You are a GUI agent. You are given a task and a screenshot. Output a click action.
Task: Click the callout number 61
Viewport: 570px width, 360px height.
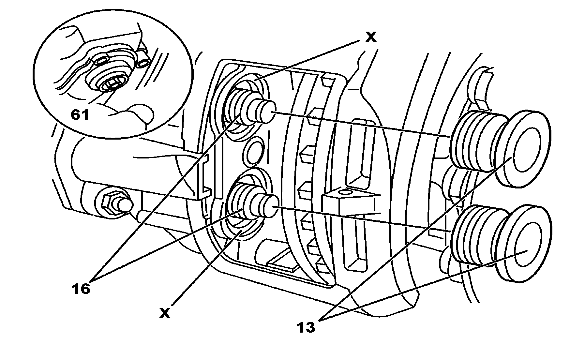[80, 115]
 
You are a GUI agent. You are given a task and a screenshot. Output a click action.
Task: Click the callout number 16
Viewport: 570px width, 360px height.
[81, 289]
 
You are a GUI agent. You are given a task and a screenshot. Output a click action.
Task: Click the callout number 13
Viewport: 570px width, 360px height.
[306, 327]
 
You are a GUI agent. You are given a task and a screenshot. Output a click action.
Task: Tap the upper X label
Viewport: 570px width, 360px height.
[370, 37]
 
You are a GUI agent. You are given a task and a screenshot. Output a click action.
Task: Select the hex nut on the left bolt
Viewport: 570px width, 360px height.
[109, 204]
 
